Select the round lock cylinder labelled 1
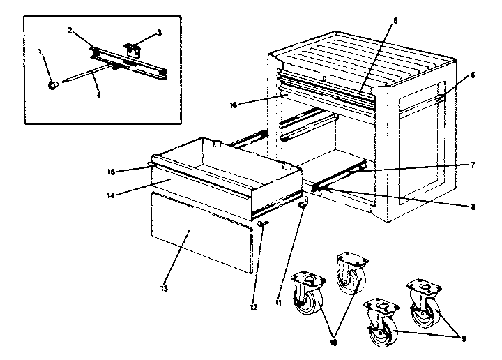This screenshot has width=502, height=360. pos(54,84)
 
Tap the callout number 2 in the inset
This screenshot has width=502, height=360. pos(71,30)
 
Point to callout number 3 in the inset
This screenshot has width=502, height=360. pos(159,32)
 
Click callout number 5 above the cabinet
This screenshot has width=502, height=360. pos(394,21)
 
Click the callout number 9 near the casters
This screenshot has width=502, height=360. pos(457,337)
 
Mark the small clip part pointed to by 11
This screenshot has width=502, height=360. pos(303,205)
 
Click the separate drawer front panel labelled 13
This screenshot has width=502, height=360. pos(199,234)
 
